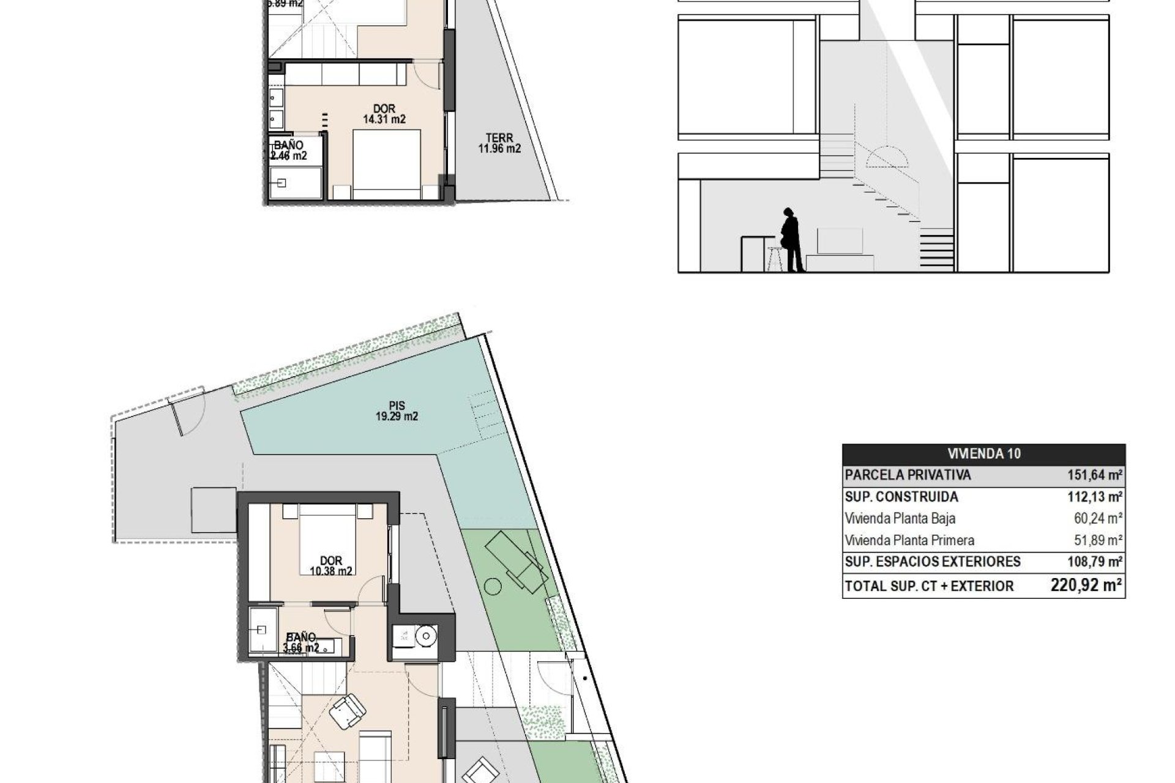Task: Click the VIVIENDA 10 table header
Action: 983,454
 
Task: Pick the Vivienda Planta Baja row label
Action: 900,519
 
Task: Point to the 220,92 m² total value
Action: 1086,585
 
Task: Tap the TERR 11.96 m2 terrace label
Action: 499,143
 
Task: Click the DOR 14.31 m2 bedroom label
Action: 384,114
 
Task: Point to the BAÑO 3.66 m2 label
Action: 300,643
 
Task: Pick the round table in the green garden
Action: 493,588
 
